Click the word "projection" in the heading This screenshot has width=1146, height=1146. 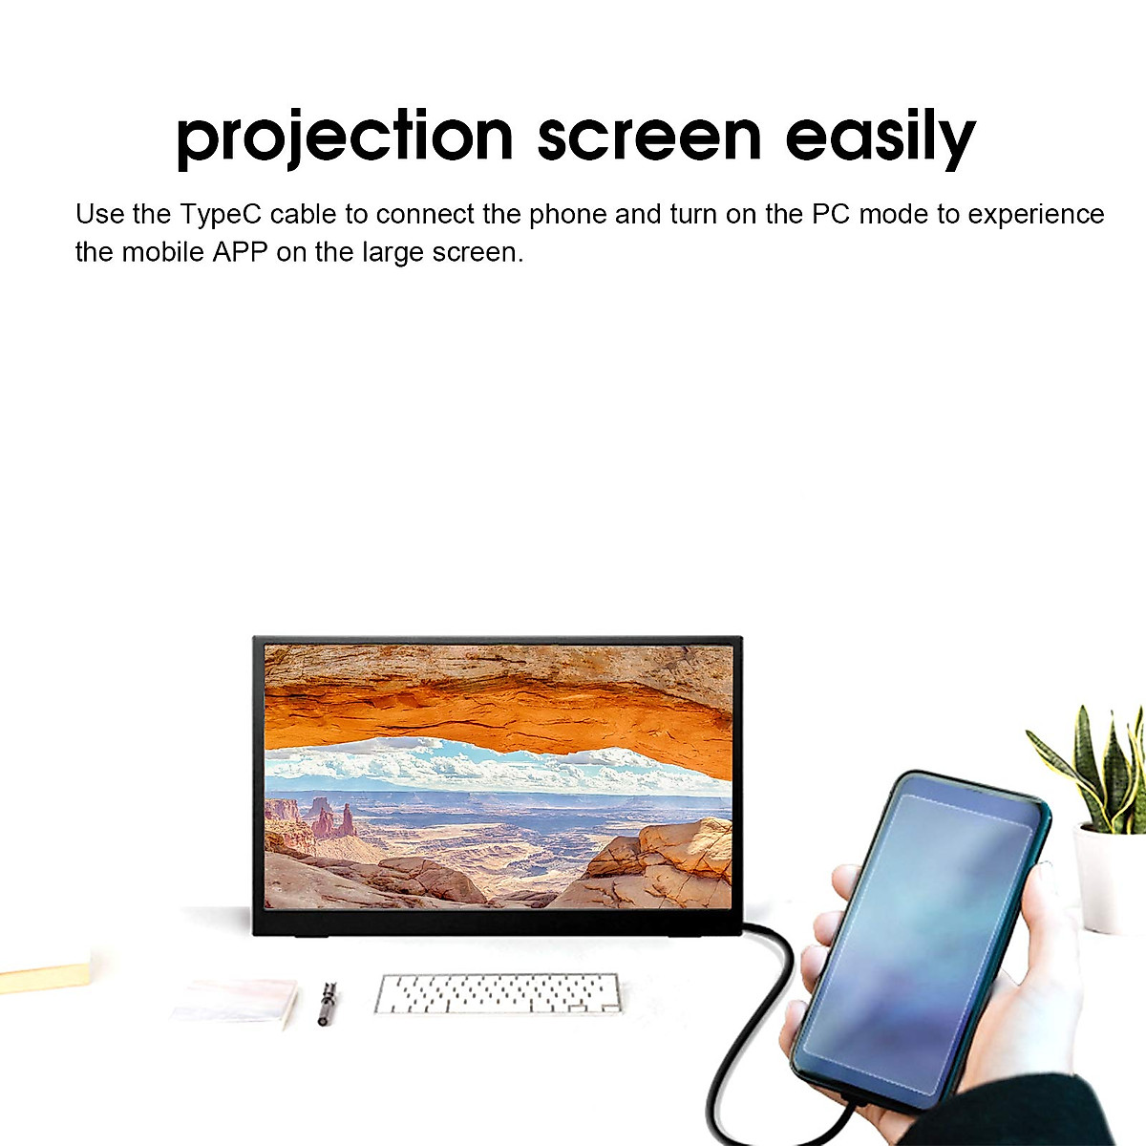point(345,137)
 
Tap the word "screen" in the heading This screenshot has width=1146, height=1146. point(649,137)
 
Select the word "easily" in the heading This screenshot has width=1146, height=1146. point(880,137)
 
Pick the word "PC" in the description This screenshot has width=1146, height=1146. point(831,214)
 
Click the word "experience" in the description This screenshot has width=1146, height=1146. point(1036,214)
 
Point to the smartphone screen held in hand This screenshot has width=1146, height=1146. point(917,936)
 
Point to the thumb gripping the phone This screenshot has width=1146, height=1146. point(845,883)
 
